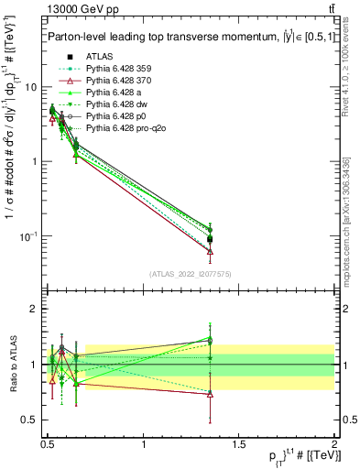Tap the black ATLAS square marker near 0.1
click(x=210, y=239)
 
